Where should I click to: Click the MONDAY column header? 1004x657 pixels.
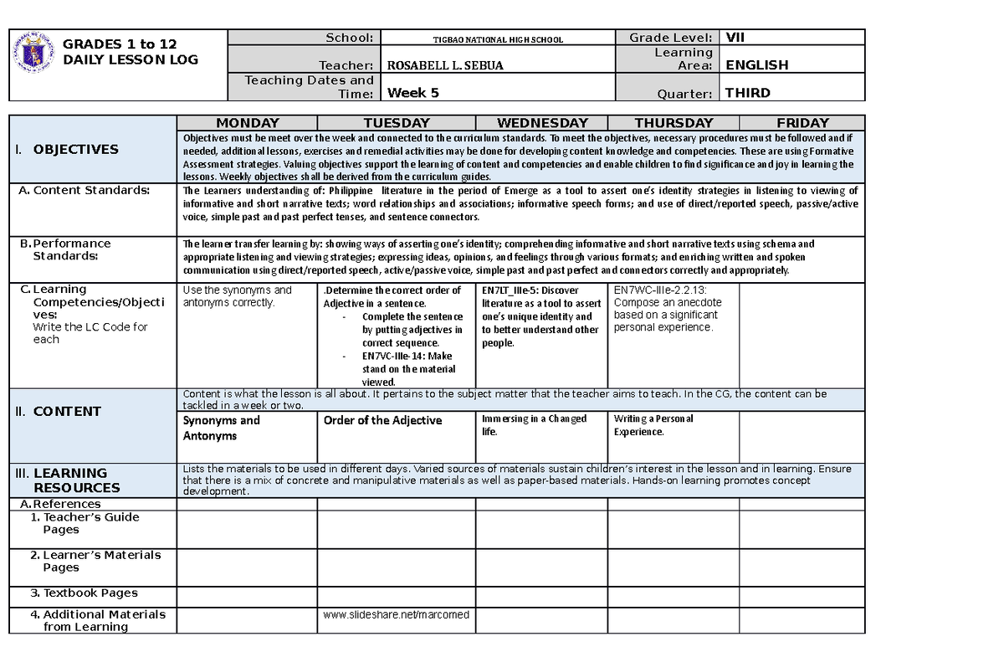pos(248,123)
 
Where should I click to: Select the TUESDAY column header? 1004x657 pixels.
pos(396,123)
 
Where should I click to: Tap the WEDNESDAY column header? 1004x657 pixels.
pos(541,123)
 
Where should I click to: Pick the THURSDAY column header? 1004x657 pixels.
pos(674,123)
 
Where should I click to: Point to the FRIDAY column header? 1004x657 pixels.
pos(802,123)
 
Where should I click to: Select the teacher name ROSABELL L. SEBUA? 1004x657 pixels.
pos(433,65)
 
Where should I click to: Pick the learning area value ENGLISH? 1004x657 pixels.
pos(756,65)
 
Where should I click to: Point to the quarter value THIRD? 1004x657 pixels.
pos(748,93)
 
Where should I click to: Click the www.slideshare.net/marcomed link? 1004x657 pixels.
pos(396,614)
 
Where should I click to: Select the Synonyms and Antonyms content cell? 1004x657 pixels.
pos(222,428)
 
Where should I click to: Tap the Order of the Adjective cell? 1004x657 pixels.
pos(382,420)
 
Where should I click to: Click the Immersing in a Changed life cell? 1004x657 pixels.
pos(534,425)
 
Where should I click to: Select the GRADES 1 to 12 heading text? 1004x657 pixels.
pos(120,44)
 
